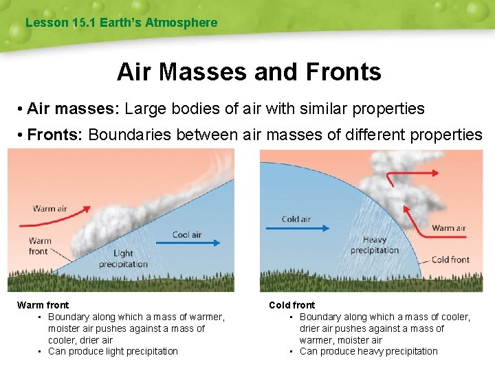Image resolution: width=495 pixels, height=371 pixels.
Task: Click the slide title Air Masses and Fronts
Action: (249, 71)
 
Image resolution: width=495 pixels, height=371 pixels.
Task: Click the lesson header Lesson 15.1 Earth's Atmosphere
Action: (121, 23)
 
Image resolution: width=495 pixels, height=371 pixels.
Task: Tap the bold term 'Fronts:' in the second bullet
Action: (55, 135)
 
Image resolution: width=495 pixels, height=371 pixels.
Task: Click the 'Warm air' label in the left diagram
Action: (50, 208)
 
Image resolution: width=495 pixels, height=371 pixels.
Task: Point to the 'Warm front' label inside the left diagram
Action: (39, 246)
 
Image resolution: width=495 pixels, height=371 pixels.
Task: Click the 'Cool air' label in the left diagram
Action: (186, 234)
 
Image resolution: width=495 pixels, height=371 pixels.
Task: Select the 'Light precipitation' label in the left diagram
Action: (123, 259)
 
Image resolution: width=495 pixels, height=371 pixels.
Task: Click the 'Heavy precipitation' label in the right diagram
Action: (375, 245)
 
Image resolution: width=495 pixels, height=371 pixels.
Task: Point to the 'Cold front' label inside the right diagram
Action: (450, 260)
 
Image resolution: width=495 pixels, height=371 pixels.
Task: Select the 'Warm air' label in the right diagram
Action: (448, 228)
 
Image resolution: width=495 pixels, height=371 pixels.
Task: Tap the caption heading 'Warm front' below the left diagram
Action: (43, 305)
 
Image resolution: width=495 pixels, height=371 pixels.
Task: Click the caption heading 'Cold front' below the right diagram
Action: (292, 305)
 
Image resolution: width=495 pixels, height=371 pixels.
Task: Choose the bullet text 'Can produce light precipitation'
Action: (113, 351)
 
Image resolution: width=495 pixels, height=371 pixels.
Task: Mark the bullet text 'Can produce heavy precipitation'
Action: (368, 351)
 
